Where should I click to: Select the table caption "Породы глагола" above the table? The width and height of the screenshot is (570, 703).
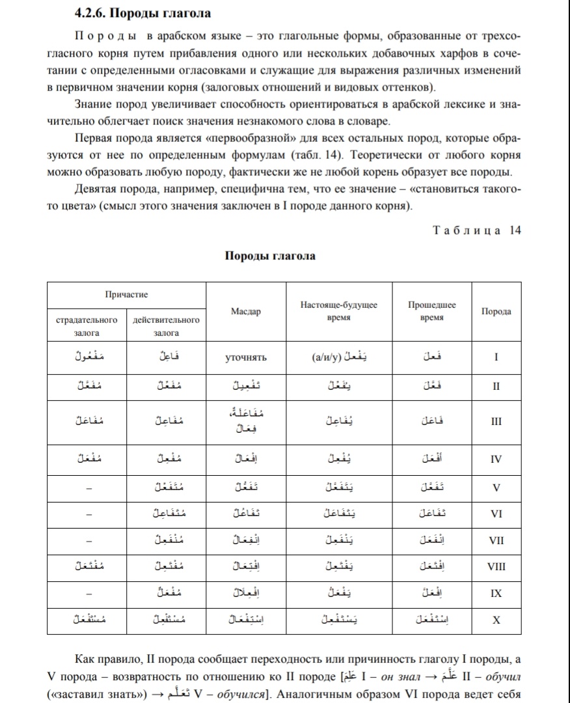pos(270,256)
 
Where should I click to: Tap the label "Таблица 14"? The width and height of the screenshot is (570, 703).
pos(476,230)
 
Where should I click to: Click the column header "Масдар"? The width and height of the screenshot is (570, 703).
pos(245,312)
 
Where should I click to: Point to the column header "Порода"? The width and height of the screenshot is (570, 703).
pos(496,311)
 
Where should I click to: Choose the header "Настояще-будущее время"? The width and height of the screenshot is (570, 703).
pos(338,310)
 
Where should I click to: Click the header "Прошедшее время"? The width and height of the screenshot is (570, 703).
pos(431,310)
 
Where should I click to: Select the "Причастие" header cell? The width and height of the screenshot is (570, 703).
pos(126,294)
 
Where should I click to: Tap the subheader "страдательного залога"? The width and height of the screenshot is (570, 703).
pos(87,326)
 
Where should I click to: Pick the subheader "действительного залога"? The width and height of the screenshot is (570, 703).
pos(166,326)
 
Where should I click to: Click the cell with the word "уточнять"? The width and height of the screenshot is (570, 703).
pos(245,357)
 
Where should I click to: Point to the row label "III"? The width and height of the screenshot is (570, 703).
pos(496,421)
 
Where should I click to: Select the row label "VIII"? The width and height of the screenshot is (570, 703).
pos(496,566)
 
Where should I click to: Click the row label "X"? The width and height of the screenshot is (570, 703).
pos(496,620)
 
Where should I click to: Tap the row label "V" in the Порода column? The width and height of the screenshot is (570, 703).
pos(496,486)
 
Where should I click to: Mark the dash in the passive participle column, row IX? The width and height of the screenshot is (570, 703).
pos(87,594)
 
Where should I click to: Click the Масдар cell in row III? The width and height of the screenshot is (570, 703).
pos(245,420)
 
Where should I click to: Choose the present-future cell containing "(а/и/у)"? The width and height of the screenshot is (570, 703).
pos(338,357)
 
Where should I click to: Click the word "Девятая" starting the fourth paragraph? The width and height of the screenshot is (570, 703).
pos(98,189)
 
